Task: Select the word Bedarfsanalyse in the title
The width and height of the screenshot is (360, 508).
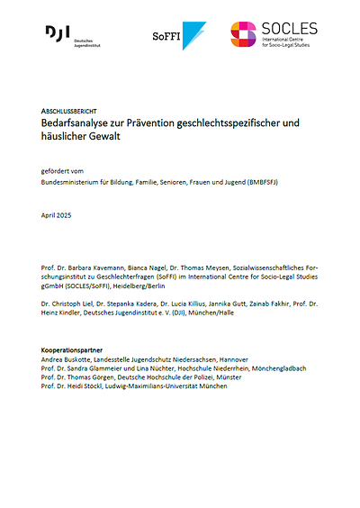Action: coord(79,120)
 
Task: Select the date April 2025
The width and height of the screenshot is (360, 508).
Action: coord(59,216)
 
